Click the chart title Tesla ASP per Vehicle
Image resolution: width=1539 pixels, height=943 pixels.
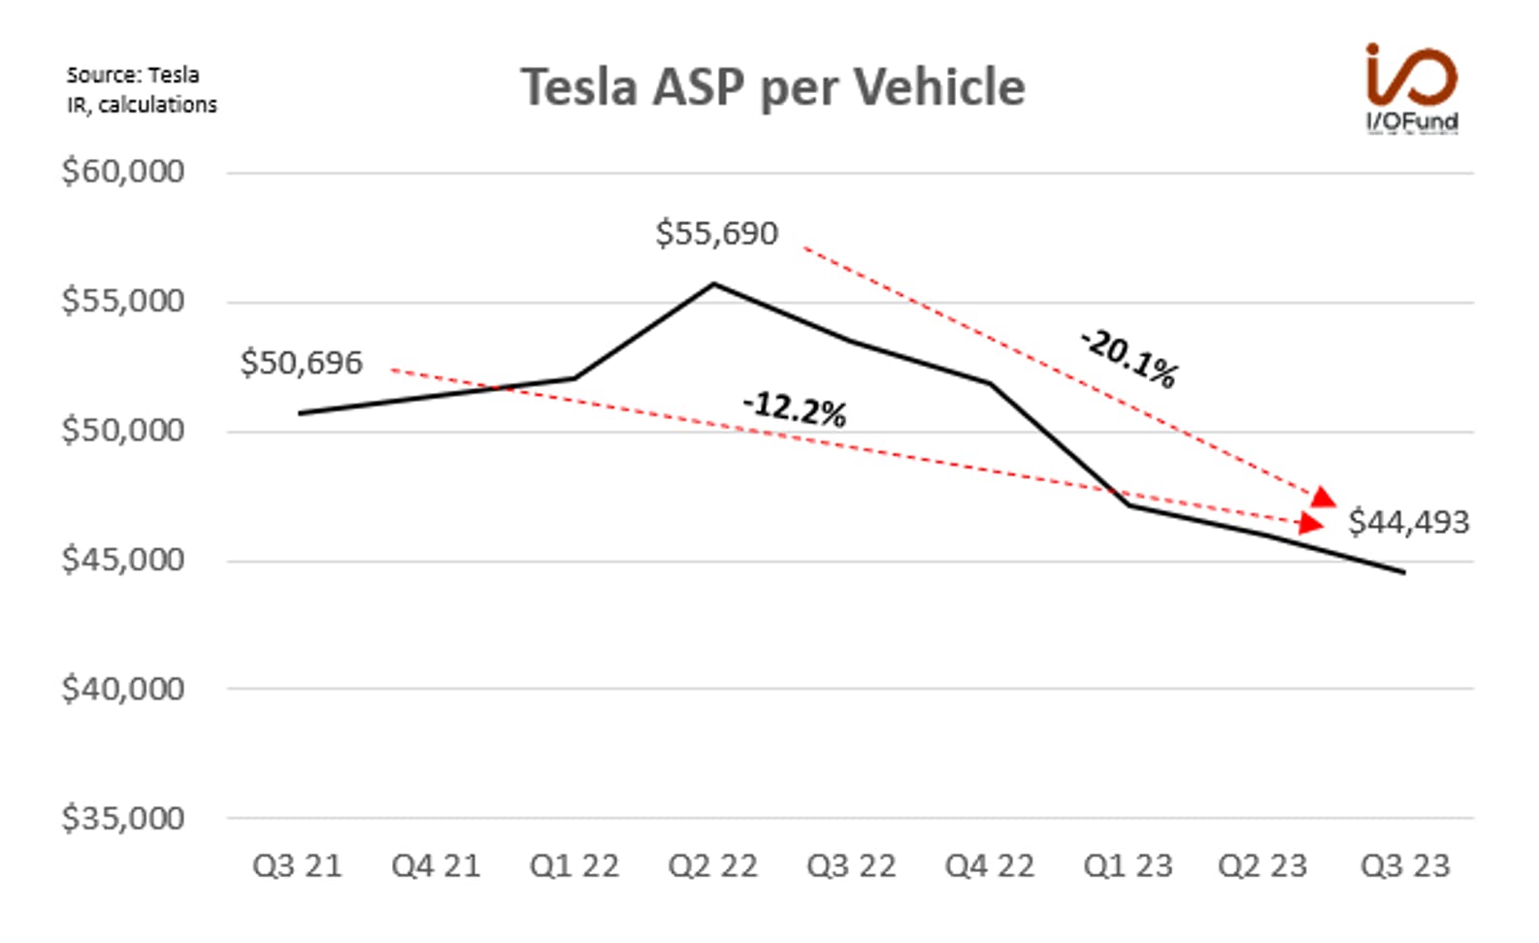772,88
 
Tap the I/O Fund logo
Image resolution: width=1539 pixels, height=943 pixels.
1412,88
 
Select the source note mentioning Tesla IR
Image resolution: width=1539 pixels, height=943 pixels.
142,89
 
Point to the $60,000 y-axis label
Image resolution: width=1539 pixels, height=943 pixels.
123,171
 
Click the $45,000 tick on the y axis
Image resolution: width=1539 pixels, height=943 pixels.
123,560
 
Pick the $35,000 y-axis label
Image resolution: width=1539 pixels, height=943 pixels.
123,818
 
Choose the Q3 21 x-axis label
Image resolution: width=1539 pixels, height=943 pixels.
298,866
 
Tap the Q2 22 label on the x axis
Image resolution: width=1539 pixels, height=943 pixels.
713,866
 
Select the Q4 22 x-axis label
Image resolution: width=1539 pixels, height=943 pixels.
990,866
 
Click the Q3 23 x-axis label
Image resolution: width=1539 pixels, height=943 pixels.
1405,866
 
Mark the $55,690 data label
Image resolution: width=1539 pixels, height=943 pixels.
716,234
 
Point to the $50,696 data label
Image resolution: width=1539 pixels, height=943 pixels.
301,363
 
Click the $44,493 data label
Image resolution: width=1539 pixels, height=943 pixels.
1408,522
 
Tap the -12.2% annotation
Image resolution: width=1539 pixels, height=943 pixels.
795,409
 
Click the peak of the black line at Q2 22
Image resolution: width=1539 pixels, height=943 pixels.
714,283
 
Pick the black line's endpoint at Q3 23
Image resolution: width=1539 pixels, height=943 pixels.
1404,572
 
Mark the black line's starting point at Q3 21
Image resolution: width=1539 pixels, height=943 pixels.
300,413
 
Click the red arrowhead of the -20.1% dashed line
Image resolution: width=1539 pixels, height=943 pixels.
1324,498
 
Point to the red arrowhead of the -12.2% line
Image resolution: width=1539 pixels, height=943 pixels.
1311,523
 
